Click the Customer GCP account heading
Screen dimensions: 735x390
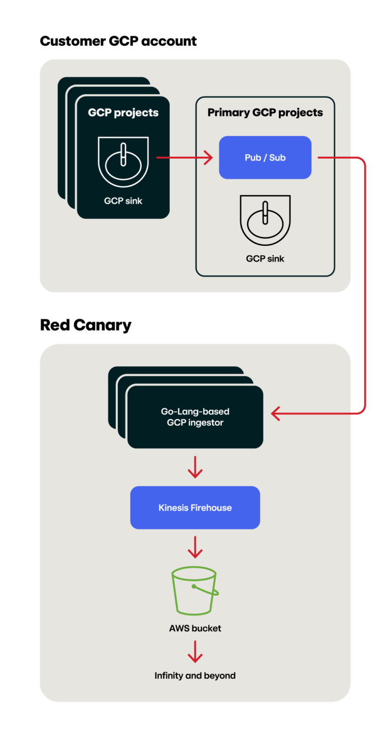click(118, 41)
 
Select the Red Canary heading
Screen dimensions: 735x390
click(85, 325)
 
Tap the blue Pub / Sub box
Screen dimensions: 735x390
click(265, 158)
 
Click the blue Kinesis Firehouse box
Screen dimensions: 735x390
click(195, 508)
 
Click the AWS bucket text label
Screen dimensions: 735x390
click(195, 629)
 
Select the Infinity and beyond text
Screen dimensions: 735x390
click(195, 676)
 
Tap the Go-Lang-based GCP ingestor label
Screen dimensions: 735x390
click(195, 417)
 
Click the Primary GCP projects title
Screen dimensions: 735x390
click(265, 113)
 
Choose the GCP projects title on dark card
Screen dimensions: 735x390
click(123, 113)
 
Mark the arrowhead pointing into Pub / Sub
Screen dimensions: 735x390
click(208, 158)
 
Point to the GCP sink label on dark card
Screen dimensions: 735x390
click(123, 201)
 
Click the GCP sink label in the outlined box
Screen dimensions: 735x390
click(265, 259)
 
